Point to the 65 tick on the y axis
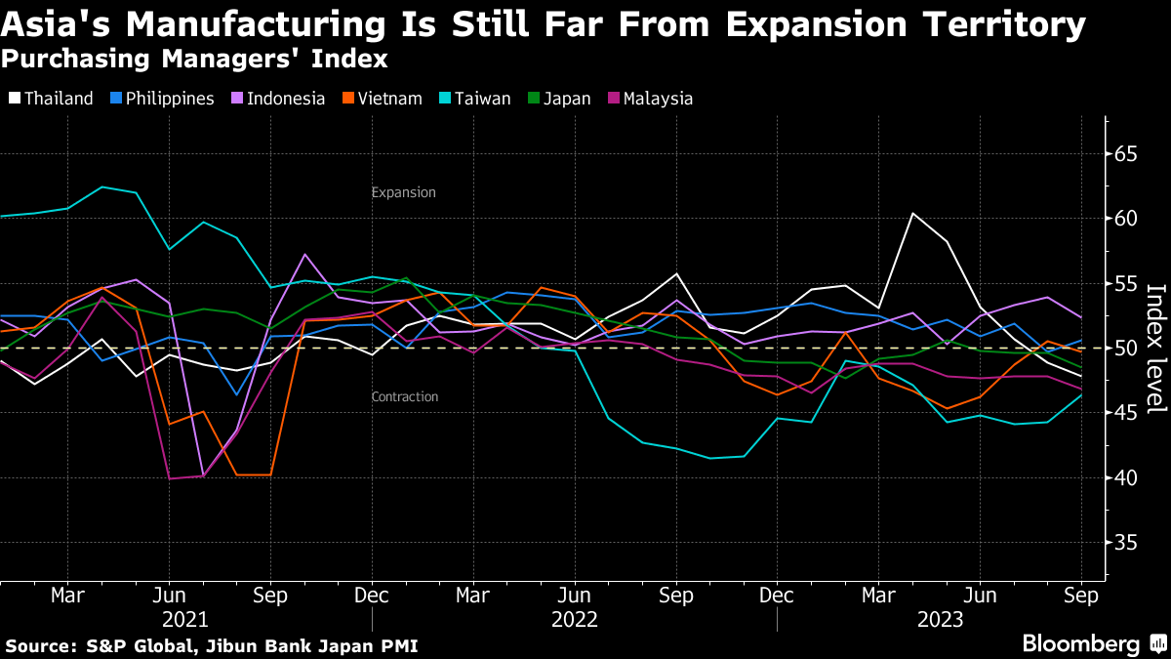[1125, 153]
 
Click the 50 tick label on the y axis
[1125, 348]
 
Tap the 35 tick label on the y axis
[1125, 542]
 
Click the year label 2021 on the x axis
[184, 619]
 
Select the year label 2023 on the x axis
[939, 619]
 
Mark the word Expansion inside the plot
[403, 192]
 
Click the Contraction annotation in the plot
[405, 396]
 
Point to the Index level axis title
[1155, 349]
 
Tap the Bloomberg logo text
[1080, 643]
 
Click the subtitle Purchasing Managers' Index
[194, 60]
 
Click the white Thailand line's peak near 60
[912, 213]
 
